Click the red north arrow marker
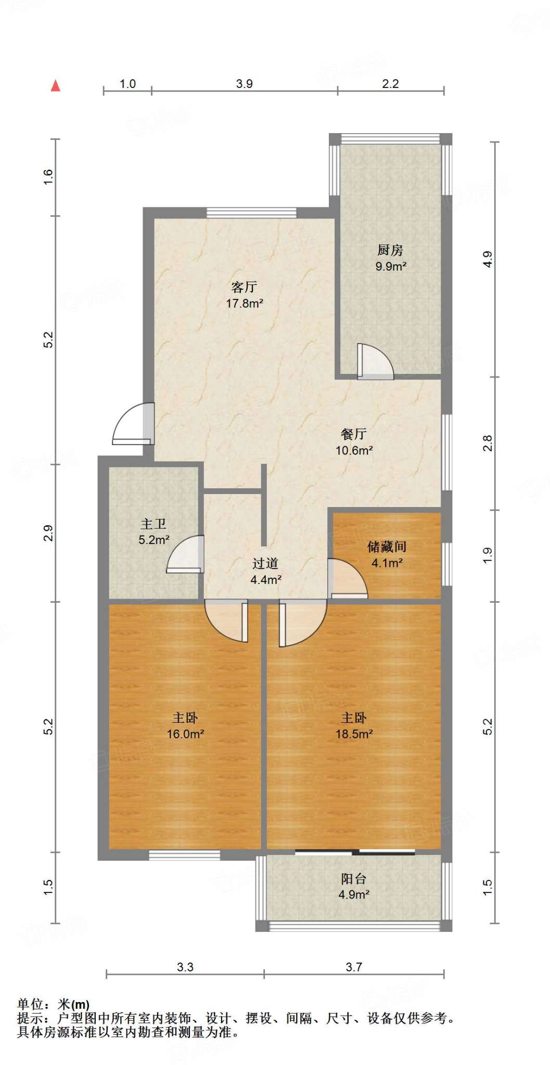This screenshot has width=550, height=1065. coord(56,86)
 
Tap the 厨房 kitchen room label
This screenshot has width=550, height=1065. coord(390,250)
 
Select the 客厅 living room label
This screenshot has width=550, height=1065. coord(244,287)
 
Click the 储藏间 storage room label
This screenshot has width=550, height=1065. coord(387,547)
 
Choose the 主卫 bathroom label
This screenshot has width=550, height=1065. coord(154,524)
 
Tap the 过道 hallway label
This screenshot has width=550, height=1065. coord(265,563)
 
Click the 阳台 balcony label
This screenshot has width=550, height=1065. coord(354,879)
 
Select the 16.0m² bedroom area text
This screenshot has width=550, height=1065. coord(185,734)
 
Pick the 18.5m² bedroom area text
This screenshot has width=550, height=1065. coord(354,734)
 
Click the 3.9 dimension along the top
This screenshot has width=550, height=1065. coord(244,84)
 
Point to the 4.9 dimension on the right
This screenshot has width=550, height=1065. coord(487,259)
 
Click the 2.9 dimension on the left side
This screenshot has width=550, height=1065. coord(48,534)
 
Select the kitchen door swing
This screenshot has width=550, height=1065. coord(375,361)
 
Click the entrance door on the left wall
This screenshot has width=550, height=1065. coord(133,424)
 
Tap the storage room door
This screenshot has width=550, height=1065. coord(348,578)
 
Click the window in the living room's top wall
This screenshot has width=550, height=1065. coord(251,212)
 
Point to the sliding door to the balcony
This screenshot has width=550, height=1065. coord(355,852)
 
